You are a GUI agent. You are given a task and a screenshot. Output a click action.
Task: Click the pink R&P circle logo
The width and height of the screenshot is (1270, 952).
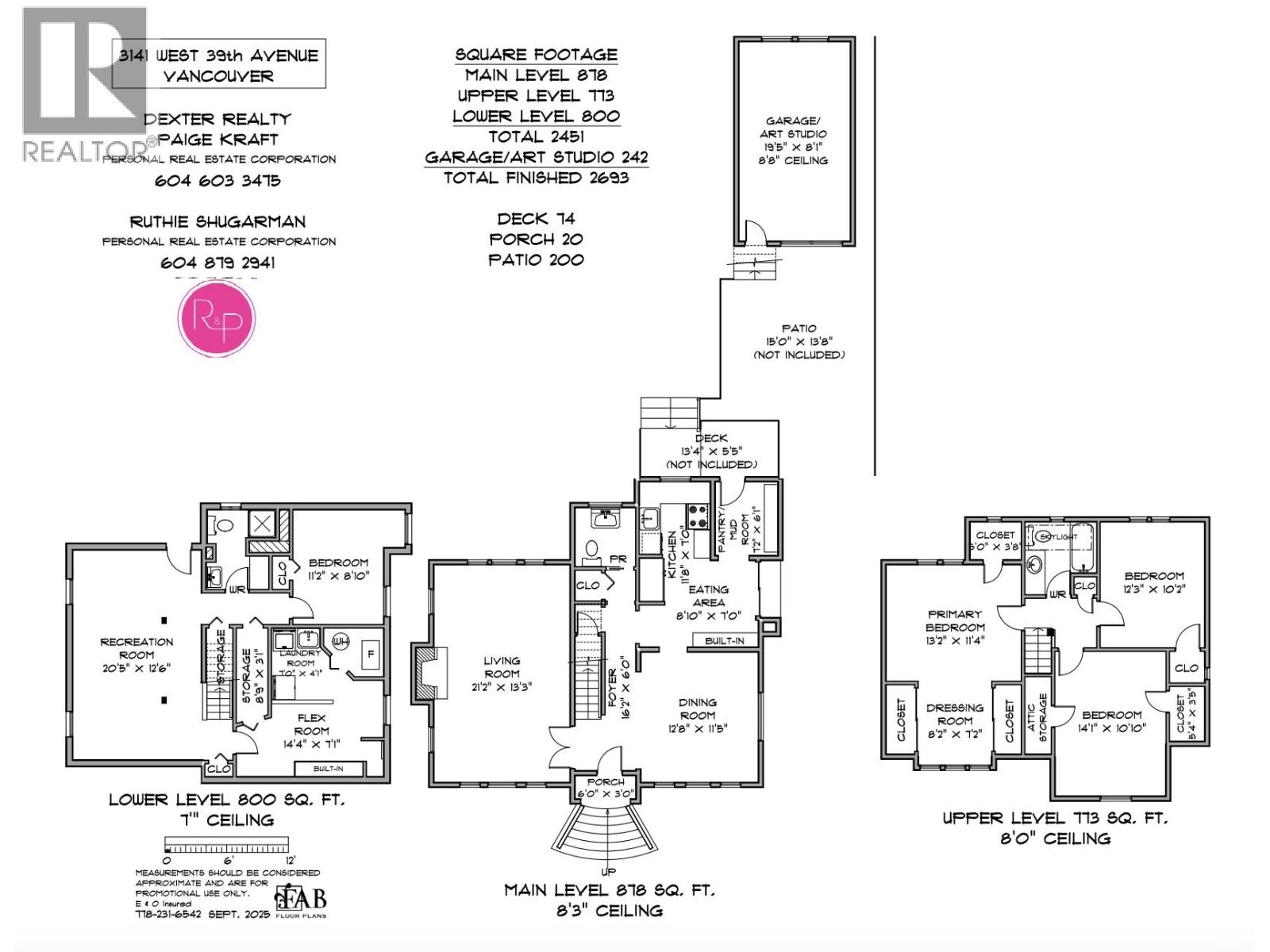(217, 319)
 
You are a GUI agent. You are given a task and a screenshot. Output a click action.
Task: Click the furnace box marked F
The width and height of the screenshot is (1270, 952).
(368, 654)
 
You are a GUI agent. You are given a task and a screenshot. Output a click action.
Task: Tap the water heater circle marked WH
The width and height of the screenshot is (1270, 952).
(341, 640)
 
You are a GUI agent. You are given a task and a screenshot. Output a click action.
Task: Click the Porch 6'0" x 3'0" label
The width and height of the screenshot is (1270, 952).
(606, 788)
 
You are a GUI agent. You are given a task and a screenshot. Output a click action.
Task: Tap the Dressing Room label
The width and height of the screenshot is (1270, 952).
(955, 720)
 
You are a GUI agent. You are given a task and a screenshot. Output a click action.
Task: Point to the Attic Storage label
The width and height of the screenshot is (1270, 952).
(1037, 718)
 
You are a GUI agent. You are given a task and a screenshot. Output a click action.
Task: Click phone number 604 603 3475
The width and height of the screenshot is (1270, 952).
(217, 180)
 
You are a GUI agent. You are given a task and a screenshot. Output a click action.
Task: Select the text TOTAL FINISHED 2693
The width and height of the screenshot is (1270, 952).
(536, 178)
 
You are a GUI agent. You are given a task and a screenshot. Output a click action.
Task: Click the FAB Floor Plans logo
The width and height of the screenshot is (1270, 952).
(301, 900)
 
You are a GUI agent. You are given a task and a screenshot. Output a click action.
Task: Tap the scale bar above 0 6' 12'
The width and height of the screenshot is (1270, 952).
(226, 845)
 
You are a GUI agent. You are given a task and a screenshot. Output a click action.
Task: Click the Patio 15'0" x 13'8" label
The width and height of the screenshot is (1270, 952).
(799, 341)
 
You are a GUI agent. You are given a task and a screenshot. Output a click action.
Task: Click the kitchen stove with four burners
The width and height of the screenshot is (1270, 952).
(698, 516)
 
